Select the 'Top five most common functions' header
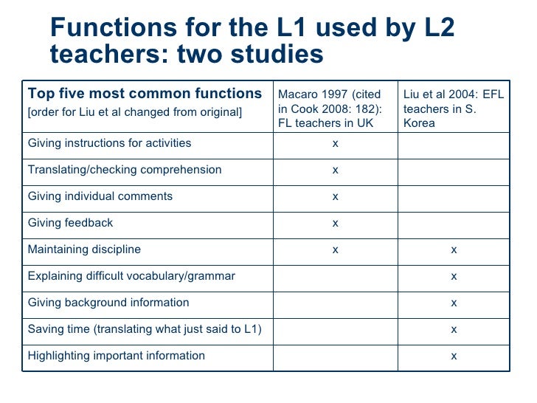(145, 94)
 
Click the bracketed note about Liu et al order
(134, 112)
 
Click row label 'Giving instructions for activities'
(109, 143)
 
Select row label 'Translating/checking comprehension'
(125, 170)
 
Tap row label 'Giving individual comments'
(100, 196)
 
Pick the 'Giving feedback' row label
(71, 223)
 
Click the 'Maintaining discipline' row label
(84, 249)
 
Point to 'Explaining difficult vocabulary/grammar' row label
(131, 276)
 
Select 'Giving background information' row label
(108, 303)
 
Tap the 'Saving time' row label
(145, 329)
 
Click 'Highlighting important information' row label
(117, 356)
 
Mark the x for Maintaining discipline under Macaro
(335, 249)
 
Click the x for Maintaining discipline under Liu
(454, 249)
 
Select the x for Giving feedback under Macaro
(335, 223)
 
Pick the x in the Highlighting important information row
(454, 356)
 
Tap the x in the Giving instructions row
(335, 143)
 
